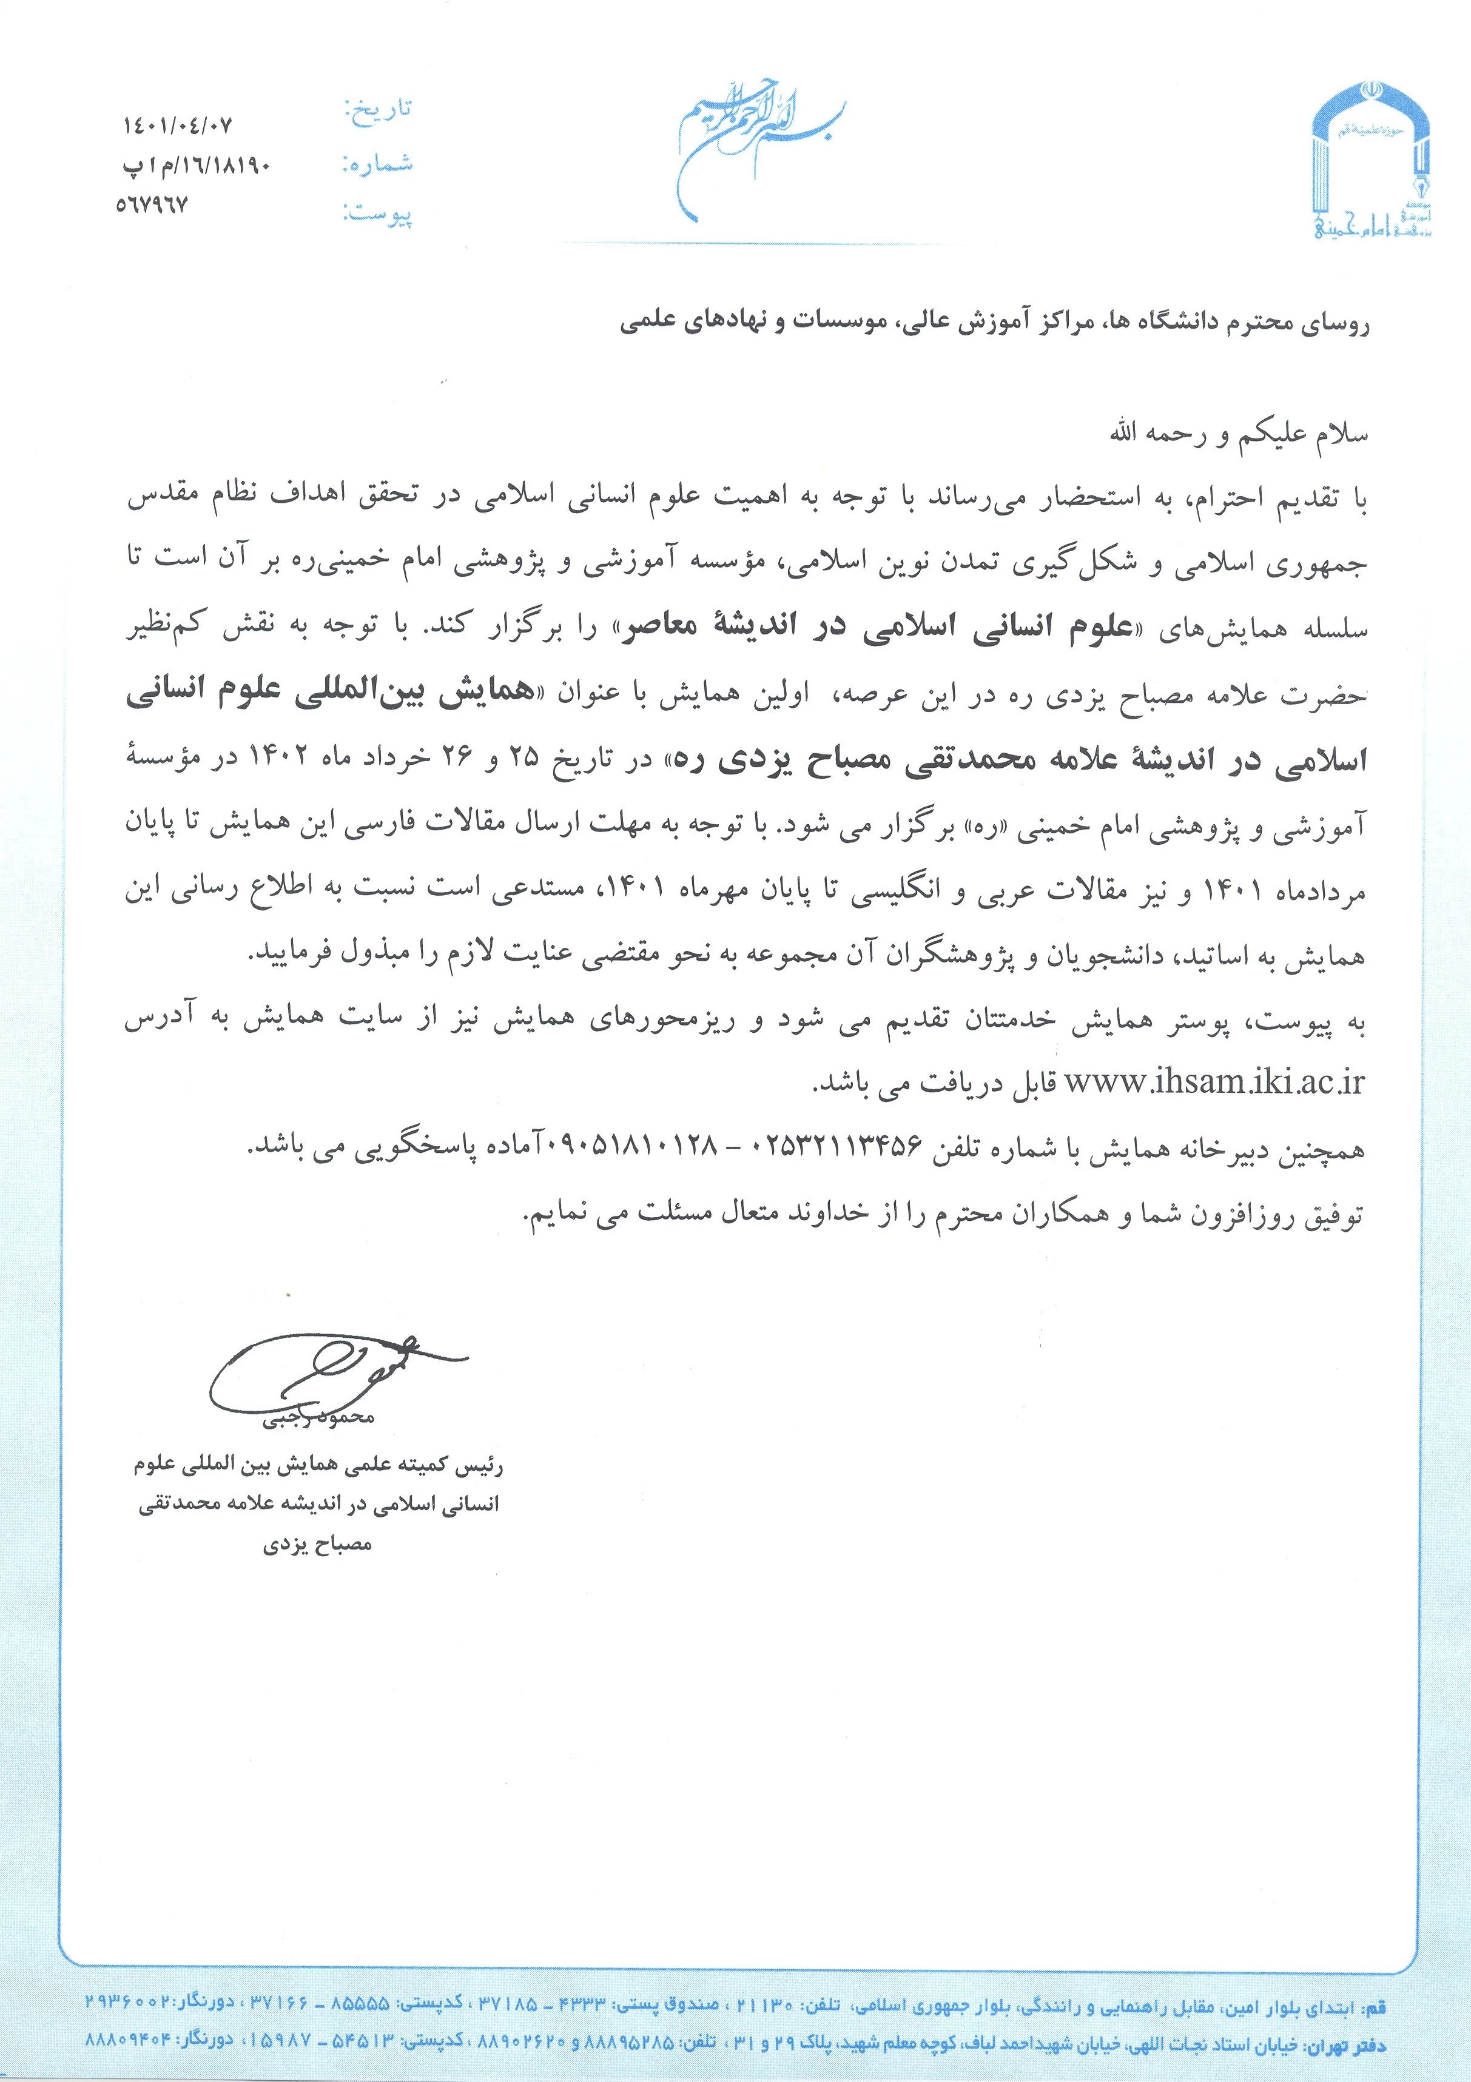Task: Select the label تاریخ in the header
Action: (378, 109)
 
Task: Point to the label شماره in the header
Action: (378, 163)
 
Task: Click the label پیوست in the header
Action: (378, 216)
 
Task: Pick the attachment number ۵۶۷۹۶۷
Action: (152, 206)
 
